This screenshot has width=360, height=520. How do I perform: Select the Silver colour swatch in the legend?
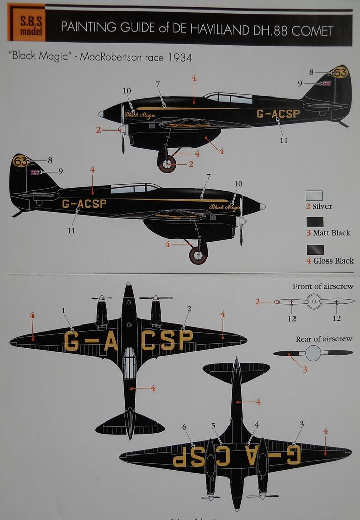[x=314, y=196]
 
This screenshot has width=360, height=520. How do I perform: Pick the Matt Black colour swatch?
[x=314, y=222]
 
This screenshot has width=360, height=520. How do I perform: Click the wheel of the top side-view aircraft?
[x=167, y=164]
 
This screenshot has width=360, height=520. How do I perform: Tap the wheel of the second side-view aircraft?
[x=198, y=254]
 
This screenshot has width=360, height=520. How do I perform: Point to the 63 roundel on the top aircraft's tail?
[x=340, y=73]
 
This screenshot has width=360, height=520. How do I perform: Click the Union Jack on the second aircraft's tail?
[x=36, y=173]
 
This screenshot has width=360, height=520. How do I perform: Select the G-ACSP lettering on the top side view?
[x=278, y=114]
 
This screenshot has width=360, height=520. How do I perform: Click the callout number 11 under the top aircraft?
[x=284, y=140]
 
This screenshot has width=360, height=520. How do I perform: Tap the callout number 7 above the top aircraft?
[x=158, y=84]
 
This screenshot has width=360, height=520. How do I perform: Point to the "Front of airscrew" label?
[x=322, y=287]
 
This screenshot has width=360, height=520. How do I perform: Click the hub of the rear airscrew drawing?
[x=313, y=352]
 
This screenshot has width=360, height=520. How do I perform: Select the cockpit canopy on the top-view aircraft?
[x=129, y=363]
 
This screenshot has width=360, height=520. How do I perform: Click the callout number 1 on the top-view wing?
[x=64, y=310]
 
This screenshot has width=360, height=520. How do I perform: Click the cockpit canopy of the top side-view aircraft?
[x=228, y=98]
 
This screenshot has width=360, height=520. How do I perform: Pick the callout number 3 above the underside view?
[x=302, y=424]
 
